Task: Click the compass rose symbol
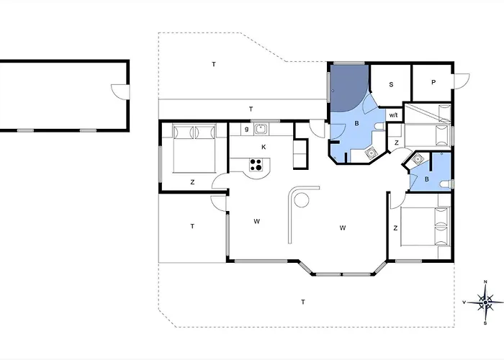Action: (485, 302)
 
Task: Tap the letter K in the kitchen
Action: (264, 147)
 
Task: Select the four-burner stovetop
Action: (256, 165)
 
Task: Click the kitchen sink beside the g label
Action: (261, 129)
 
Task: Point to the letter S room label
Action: (391, 84)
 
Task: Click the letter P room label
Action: (433, 82)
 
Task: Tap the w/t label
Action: (393, 115)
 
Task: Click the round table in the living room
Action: (302, 200)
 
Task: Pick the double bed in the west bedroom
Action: (194, 148)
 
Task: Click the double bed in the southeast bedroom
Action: (424, 227)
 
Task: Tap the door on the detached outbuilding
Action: (120, 91)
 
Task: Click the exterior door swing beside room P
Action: (462, 81)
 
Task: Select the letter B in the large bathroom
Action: (356, 123)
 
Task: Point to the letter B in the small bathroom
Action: (426, 179)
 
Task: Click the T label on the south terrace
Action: (303, 302)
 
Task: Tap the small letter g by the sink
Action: (246, 129)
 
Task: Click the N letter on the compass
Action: (485, 282)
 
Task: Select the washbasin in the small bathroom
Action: (418, 159)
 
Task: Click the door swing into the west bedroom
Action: (220, 181)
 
